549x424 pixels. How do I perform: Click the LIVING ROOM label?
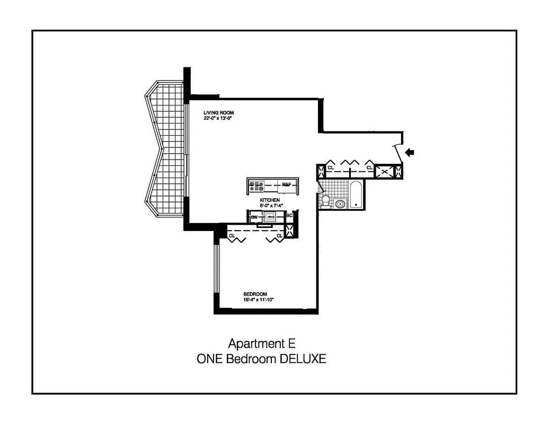[x=218, y=113]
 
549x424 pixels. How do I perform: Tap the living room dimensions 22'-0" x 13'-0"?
[x=218, y=119]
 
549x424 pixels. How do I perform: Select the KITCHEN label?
[x=270, y=200]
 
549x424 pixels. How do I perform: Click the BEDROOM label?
[x=255, y=294]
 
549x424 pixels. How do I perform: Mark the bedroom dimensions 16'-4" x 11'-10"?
[x=258, y=300]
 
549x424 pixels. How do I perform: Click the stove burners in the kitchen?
[x=257, y=186]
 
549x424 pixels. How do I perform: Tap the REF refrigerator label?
[x=287, y=184]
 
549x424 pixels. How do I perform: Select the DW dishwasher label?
[x=254, y=217]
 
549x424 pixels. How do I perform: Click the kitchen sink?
[x=270, y=216]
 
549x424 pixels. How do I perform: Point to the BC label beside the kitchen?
[x=289, y=216]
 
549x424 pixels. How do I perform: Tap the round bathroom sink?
[x=340, y=203]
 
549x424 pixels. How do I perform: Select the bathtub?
[x=356, y=195]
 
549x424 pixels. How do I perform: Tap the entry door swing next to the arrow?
[x=397, y=148]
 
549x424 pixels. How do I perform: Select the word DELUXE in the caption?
[x=301, y=359]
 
